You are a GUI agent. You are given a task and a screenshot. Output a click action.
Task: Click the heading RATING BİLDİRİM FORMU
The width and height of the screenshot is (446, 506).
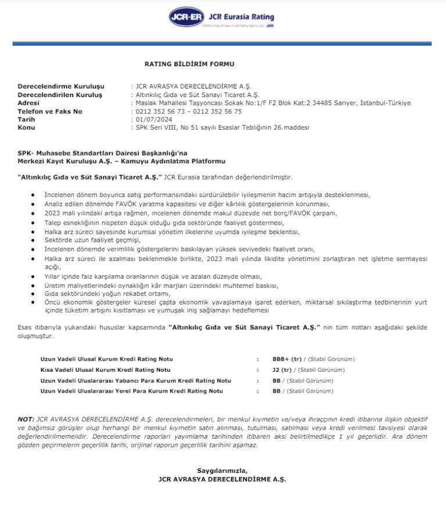(189, 63)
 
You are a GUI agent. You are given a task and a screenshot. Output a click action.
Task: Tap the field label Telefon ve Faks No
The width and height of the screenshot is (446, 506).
(50, 111)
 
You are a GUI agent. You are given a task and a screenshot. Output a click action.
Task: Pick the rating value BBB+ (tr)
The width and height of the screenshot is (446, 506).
(286, 359)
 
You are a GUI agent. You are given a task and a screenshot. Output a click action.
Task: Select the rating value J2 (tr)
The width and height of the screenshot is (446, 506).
(282, 369)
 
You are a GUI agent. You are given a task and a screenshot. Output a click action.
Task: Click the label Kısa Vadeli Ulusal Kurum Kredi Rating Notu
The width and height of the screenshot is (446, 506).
(105, 369)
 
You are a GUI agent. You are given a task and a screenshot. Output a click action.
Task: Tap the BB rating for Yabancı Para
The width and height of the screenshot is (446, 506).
(276, 381)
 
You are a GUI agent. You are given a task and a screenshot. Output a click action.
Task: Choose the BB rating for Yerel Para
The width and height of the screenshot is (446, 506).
(276, 391)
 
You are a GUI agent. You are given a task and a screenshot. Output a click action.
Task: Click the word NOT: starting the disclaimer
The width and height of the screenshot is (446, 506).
(26, 419)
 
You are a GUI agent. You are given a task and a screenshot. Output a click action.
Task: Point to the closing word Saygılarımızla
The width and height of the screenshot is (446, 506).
(222, 470)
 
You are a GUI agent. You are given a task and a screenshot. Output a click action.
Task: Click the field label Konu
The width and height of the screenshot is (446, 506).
(27, 127)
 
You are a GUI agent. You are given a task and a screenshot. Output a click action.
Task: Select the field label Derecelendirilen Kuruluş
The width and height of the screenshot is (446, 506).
(60, 94)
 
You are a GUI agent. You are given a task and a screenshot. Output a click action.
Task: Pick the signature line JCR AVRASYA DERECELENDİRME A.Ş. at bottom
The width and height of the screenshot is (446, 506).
(222, 479)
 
